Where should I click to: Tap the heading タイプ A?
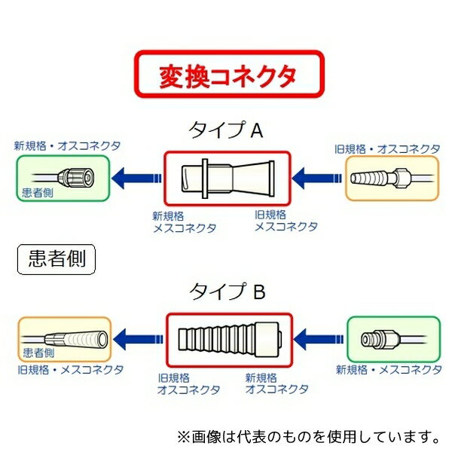[225, 130]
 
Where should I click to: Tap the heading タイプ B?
[227, 291]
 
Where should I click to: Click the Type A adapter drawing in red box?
[226, 179]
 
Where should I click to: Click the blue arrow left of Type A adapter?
[136, 179]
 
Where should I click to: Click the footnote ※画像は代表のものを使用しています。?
[307, 435]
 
